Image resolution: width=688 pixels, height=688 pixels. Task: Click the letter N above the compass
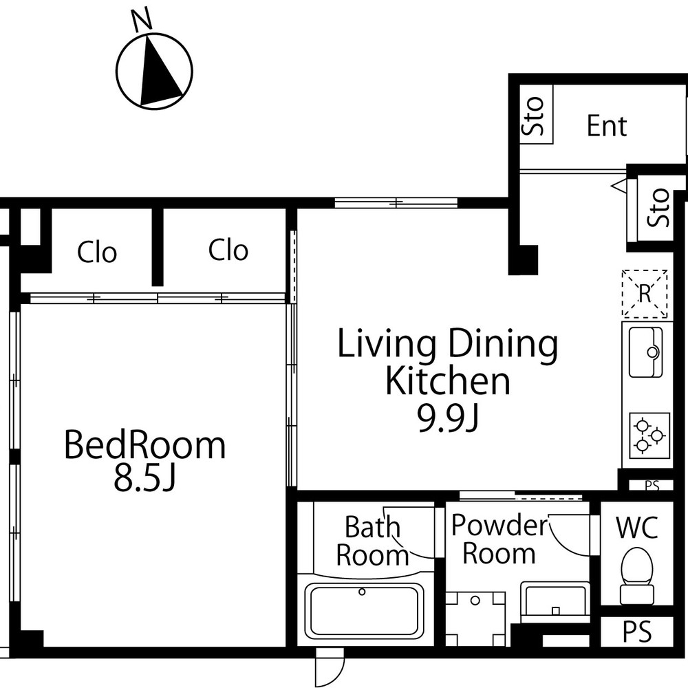tap(142, 21)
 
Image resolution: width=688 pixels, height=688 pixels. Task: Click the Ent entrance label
tap(607, 126)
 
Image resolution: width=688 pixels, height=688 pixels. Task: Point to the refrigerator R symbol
tap(645, 294)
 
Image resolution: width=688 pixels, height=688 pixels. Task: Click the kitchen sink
tap(645, 352)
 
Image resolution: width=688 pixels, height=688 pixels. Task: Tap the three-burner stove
tap(649, 436)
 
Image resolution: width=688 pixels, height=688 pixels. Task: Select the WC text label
tap(637, 528)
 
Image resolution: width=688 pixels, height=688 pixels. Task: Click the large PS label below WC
tap(637, 632)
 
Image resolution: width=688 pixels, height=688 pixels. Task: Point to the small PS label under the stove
tap(652, 486)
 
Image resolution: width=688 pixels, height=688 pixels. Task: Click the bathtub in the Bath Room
tap(363, 610)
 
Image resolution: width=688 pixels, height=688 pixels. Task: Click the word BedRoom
tap(144, 445)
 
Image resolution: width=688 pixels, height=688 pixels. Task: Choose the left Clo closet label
tap(97, 252)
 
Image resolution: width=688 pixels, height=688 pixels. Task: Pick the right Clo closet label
tap(228, 250)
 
